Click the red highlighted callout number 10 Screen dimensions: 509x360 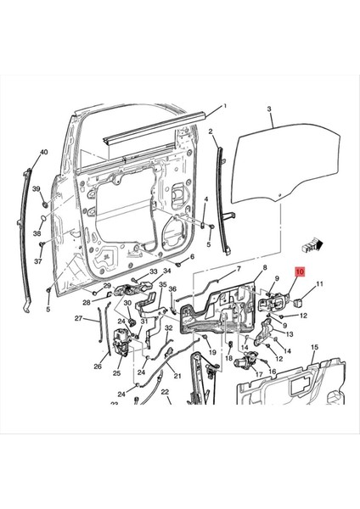[298, 272]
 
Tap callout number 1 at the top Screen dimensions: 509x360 [225, 107]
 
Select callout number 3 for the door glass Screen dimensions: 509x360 [268, 110]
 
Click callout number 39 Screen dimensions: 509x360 [37, 187]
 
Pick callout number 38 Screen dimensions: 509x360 [37, 232]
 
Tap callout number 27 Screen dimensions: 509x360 [78, 319]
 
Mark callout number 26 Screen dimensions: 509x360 [97, 366]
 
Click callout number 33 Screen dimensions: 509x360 [154, 271]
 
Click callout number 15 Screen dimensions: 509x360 [315, 348]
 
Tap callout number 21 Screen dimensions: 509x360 [177, 376]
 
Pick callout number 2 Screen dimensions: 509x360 [211, 131]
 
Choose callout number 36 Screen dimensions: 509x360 [172, 289]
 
